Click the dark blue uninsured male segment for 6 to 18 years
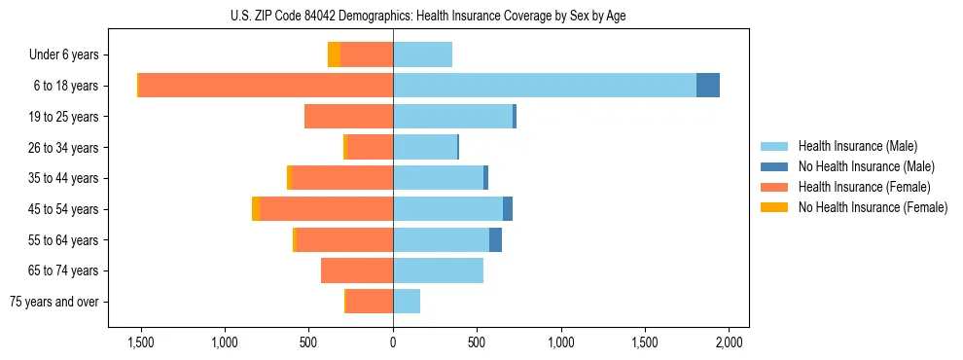click(x=708, y=86)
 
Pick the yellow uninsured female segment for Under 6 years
click(x=334, y=54)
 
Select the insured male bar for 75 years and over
click(x=407, y=302)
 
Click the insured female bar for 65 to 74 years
click(x=357, y=270)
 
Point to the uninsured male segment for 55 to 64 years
click(x=495, y=239)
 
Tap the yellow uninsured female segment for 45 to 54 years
click(x=256, y=209)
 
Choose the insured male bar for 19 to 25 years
click(x=452, y=117)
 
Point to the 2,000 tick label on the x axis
click(x=730, y=342)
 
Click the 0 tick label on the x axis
click(x=393, y=342)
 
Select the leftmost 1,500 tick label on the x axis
click(x=141, y=342)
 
